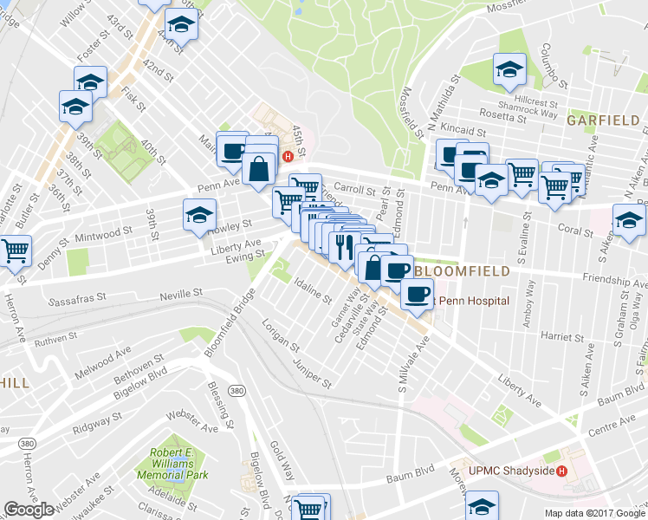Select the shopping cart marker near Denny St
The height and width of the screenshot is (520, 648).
click(15, 249)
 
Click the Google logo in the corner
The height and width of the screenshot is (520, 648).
click(29, 510)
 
